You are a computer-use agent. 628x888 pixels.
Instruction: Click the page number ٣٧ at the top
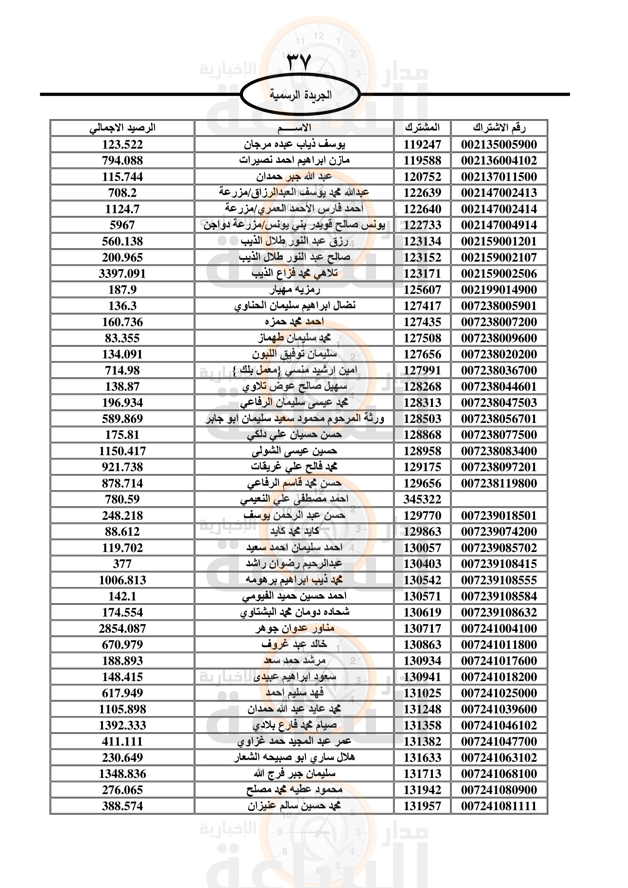click(299, 62)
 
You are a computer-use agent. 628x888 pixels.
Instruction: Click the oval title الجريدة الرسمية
click(300, 95)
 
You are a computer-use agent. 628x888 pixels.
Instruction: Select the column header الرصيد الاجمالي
click(122, 128)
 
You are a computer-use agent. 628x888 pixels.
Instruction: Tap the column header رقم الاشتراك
click(499, 128)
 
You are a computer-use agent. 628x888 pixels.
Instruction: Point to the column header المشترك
click(422, 128)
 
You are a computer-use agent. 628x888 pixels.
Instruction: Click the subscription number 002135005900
click(499, 145)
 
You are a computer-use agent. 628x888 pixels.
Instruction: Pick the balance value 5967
click(122, 225)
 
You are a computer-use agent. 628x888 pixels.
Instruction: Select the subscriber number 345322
click(422, 499)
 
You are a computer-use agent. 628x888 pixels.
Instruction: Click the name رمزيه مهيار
click(294, 290)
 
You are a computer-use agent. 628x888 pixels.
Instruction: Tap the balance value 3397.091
click(122, 274)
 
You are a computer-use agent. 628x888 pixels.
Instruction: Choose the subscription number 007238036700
click(499, 371)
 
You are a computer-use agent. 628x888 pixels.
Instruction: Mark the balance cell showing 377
click(122, 564)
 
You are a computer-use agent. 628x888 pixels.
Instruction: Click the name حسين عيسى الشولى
click(294, 451)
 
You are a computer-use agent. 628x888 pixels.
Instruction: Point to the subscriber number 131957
click(422, 806)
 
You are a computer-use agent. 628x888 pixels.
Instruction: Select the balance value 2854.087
click(122, 628)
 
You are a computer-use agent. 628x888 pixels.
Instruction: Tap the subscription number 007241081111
click(499, 806)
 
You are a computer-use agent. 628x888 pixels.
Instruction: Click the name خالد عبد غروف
click(294, 644)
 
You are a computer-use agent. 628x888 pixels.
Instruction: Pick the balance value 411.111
click(122, 741)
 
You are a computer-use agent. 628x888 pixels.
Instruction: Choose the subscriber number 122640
click(422, 209)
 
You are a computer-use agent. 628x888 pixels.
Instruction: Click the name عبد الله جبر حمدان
click(294, 177)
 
